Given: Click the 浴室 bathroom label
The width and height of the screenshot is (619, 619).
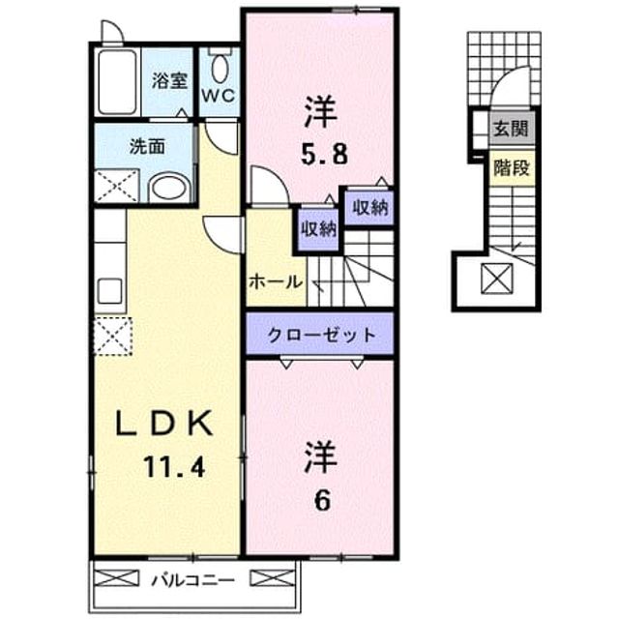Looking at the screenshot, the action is pos(169,81).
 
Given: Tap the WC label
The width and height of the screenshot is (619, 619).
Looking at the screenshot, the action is pos(219,95).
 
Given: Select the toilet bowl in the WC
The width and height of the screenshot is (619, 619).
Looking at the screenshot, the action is pos(220,69).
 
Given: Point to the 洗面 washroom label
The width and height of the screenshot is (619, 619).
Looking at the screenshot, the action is pos(147,147).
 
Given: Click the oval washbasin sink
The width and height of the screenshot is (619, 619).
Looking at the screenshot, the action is pos(170,188).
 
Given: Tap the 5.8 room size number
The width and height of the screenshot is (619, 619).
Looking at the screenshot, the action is pos(325,155).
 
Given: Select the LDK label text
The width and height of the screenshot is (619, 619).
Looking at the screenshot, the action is pos(163,423).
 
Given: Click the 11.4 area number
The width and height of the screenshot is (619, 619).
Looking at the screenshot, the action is pos(174,467).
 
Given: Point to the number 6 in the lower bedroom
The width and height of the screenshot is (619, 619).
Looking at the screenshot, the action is pos(322,501).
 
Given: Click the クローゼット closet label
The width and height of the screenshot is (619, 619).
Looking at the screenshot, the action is pos(320,336).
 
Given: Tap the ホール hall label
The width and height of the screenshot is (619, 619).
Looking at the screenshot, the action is pos(276,282).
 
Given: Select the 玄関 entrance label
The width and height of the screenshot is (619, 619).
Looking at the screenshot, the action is pos(512,129).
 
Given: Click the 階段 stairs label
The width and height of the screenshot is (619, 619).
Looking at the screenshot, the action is pos(512,168).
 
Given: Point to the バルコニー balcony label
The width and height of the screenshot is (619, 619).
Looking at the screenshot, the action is pos(193,580).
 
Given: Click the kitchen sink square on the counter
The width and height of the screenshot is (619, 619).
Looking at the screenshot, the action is pos(109,290).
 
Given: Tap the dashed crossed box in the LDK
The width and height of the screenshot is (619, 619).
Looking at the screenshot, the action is pos(112,336).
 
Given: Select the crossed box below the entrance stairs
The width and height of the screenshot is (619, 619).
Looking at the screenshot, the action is pos(496,279).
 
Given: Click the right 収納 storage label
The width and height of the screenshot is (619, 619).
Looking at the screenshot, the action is pos(369,208).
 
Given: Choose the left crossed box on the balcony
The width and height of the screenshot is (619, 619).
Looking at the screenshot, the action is pos(117,578).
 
